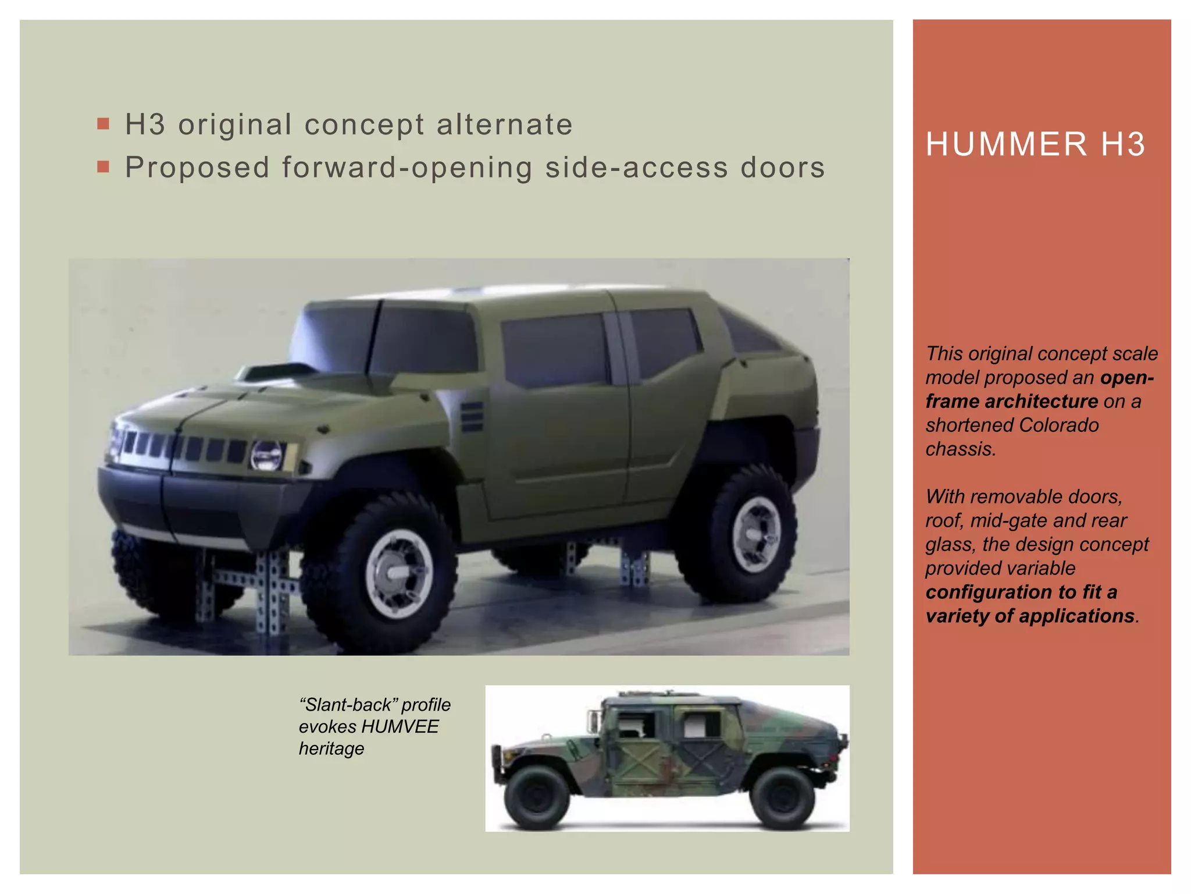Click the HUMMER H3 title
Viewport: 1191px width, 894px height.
click(x=1035, y=144)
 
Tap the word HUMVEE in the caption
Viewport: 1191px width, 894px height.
click(x=400, y=727)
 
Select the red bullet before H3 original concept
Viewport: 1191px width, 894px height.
click(x=104, y=124)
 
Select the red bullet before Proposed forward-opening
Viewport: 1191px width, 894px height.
click(x=104, y=168)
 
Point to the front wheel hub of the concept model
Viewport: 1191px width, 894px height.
click(x=399, y=573)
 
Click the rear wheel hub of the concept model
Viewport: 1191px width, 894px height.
click(x=755, y=534)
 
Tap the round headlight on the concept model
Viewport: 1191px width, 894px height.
click(x=266, y=456)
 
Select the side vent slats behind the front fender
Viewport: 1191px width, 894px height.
click(x=472, y=417)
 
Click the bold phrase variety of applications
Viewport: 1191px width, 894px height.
click(x=1029, y=616)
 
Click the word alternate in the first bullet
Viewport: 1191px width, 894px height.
click(x=504, y=125)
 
